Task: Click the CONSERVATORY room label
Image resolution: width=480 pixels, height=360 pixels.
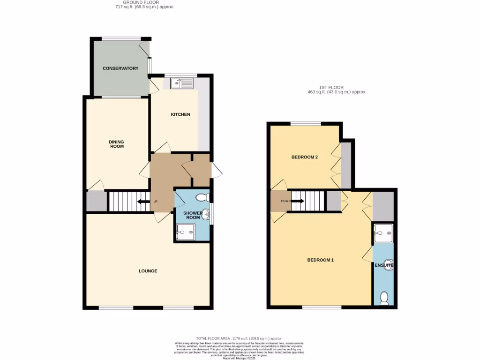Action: coord(120,68)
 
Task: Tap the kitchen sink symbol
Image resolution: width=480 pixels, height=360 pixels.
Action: coord(182,83)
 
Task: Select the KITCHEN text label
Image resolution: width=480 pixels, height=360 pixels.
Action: coord(180,114)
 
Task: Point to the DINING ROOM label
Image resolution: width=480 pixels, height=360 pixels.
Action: coord(116,144)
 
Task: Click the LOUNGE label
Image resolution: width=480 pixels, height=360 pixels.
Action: coord(148,271)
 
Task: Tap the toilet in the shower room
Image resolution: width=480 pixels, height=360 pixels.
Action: coord(203,197)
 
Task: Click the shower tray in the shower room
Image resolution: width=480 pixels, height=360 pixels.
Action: coord(185,231)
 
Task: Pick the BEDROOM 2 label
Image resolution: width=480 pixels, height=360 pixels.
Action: coord(305,157)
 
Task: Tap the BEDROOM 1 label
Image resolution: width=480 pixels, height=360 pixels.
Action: coord(320,260)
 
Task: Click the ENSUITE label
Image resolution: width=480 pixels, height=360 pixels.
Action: coord(383,266)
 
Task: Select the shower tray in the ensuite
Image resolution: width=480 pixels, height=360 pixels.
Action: coord(383,233)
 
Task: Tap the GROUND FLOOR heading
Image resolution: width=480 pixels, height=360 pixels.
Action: coord(145,2)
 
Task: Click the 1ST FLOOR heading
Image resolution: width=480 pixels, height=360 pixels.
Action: coord(332,87)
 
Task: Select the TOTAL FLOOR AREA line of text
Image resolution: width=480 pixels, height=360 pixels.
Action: coord(239,338)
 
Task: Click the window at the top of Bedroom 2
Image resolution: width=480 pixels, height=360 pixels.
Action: coord(305,124)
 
